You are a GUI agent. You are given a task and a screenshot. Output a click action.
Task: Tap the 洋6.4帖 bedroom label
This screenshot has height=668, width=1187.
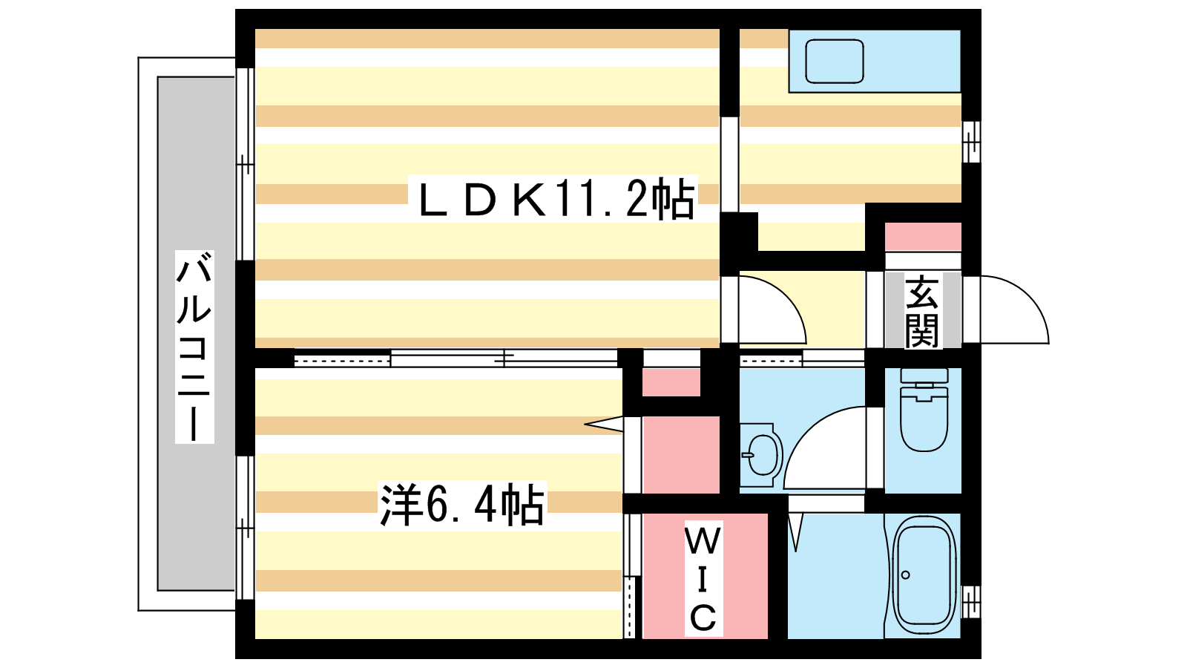pos(462,505)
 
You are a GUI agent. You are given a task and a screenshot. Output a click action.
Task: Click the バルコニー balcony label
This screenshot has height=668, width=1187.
pos(194,347)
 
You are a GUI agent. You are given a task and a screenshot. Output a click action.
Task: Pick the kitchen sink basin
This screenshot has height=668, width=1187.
pos(835,62)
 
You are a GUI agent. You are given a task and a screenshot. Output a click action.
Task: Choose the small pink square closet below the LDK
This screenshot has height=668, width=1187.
pos(671,382)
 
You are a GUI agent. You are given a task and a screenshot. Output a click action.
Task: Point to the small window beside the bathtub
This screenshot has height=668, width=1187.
pos(971,602)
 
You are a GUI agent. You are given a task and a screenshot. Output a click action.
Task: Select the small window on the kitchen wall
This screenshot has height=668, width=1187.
pos(971,141)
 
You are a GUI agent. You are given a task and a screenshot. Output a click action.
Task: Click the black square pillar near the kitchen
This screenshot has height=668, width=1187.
pos(739,232)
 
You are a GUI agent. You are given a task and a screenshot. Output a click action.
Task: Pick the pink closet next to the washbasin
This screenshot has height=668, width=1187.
pos(680,454)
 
